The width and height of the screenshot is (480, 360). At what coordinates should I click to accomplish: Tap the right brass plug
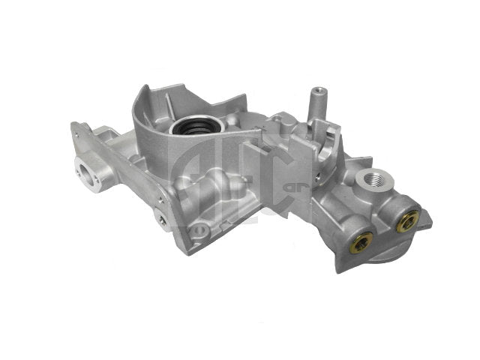coord(410,220)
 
